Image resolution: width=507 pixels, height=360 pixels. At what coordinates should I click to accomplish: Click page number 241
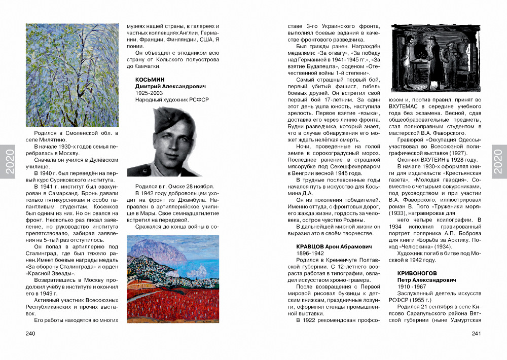pos(476,334)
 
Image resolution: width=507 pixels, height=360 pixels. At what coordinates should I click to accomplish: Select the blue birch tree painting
pos(72,75)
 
